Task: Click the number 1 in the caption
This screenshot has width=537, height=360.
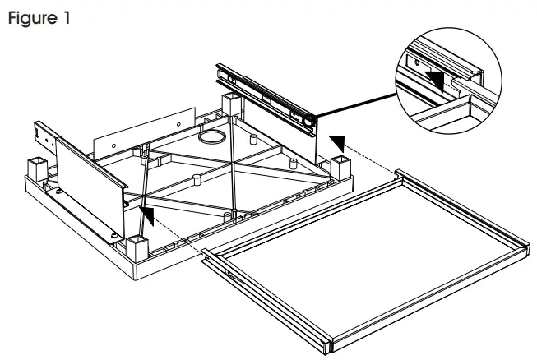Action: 66,18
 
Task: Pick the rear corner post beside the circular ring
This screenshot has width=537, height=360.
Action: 233,106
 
